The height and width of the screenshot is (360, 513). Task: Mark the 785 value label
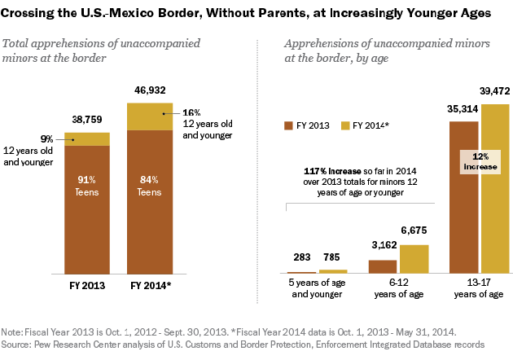[331, 258]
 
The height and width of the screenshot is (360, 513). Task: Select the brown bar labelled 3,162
[383, 266]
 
